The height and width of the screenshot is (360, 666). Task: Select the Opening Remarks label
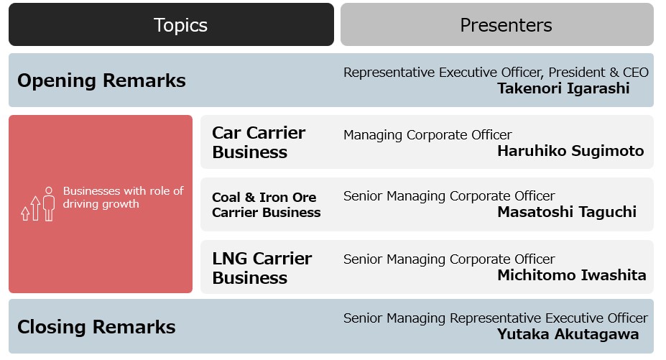(x=101, y=80)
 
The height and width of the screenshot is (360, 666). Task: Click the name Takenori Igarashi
(x=564, y=88)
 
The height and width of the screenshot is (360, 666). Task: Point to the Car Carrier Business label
(x=259, y=142)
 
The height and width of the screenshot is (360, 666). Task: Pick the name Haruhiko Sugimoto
(x=571, y=151)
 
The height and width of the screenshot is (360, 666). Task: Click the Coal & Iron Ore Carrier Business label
(x=267, y=205)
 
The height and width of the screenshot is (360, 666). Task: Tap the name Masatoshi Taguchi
(x=567, y=212)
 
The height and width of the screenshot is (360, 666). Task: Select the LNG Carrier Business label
(x=262, y=268)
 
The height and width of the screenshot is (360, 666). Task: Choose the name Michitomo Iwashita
(x=572, y=275)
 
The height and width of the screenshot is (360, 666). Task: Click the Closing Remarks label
(x=96, y=327)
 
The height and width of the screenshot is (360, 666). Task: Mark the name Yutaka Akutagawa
(x=568, y=334)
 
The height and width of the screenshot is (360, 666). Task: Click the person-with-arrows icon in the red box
(x=38, y=204)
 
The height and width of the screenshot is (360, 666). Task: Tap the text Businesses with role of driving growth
(x=123, y=197)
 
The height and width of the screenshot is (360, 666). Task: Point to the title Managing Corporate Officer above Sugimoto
(x=427, y=135)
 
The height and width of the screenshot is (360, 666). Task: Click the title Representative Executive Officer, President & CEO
(x=496, y=73)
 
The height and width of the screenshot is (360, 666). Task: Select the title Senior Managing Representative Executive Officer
(x=496, y=318)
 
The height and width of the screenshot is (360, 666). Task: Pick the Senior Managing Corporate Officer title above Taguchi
(x=449, y=196)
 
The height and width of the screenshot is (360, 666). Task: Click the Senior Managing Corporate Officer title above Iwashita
(x=449, y=259)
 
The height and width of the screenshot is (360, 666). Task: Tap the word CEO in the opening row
(x=636, y=73)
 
